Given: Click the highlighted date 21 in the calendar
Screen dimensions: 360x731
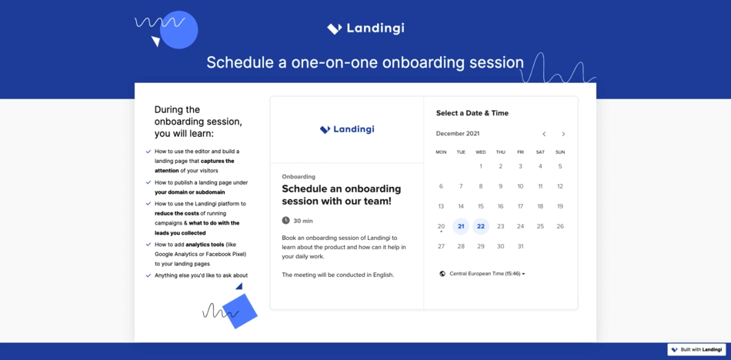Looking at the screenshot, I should (461, 226).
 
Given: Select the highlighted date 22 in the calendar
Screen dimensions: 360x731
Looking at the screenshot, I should (481, 226).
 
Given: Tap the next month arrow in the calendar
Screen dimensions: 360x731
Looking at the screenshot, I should (563, 134).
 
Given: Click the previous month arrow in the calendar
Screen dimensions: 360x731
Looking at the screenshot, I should (544, 134).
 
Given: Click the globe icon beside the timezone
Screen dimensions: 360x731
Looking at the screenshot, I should (442, 274).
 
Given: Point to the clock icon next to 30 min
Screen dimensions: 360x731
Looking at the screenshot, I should (286, 221).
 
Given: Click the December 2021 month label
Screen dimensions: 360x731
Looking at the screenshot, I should (457, 134).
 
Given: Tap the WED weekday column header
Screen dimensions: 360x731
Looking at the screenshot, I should (481, 152).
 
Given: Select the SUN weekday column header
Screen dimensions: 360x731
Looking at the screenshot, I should (560, 152).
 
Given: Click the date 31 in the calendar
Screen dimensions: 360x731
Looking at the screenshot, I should (520, 246).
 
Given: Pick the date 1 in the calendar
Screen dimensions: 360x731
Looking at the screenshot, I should (481, 166).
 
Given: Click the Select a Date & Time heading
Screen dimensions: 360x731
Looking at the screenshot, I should (472, 113).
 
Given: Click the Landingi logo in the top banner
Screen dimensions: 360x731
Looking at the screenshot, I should (365, 28).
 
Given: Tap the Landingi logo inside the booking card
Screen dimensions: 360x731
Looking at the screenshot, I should (347, 129).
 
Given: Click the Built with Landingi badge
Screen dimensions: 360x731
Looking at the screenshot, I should (696, 350).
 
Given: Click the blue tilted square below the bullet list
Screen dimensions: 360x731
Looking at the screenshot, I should (239, 311).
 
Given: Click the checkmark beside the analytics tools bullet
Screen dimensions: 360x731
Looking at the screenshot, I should (149, 245).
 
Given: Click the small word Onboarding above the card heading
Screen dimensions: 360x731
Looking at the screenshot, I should (299, 177).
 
